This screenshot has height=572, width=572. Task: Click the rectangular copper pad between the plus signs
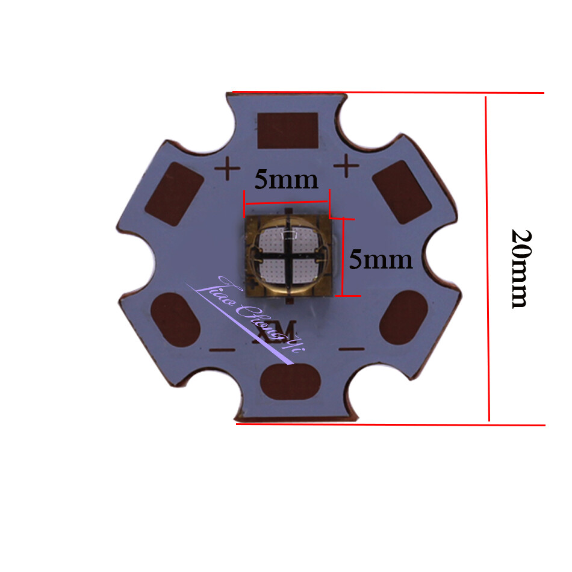[x=287, y=130]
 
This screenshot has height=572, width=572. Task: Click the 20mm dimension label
[x=519, y=268]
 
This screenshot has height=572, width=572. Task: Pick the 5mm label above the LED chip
[x=286, y=179]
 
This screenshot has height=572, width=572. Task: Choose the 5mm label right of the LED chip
[x=381, y=260]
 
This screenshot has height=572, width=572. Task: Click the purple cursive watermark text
[x=253, y=316]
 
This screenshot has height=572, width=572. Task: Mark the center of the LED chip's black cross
[x=287, y=255]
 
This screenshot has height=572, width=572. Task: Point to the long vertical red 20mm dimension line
[x=488, y=259]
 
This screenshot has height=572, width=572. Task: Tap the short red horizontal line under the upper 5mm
[x=287, y=203]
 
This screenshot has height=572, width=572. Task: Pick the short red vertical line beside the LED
[x=342, y=256]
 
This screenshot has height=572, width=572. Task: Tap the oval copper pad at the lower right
[x=404, y=317]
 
